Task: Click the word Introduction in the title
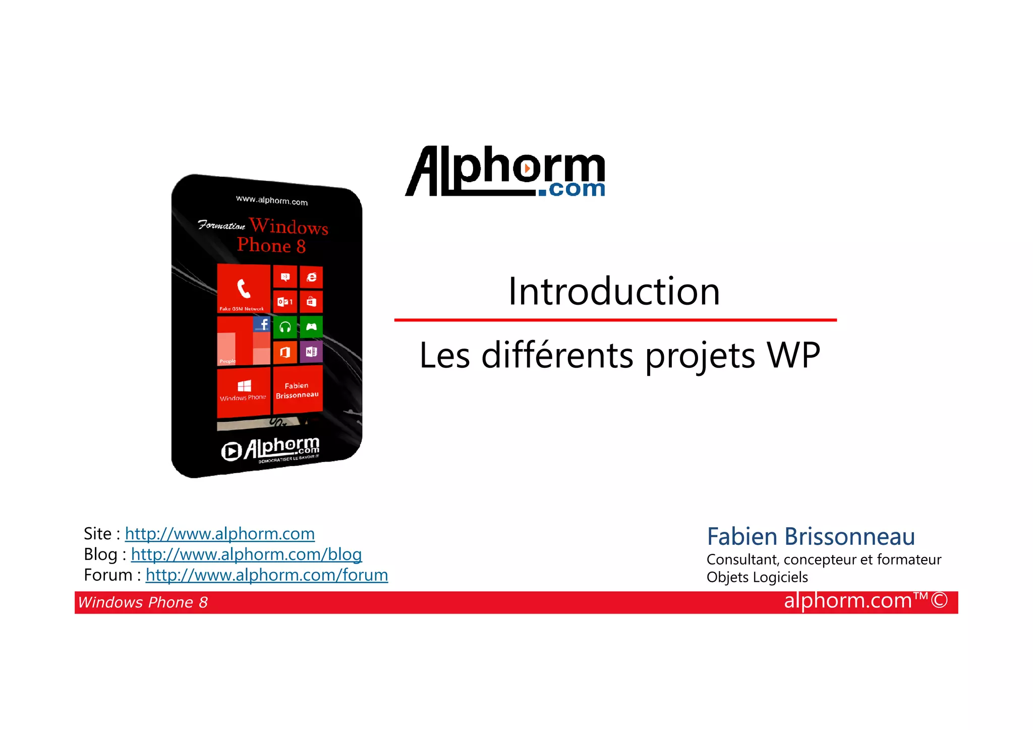(x=613, y=292)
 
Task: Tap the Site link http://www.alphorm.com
(x=219, y=534)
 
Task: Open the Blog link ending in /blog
(x=246, y=554)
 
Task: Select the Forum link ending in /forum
(x=266, y=575)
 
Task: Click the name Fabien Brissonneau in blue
(x=810, y=536)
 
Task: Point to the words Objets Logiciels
(x=757, y=577)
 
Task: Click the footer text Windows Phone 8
(x=143, y=602)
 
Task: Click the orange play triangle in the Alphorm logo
(x=527, y=168)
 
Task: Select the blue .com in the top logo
(x=571, y=189)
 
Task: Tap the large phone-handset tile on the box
(x=244, y=289)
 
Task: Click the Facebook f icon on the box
(x=262, y=324)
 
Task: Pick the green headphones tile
(x=285, y=327)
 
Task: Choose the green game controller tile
(x=311, y=327)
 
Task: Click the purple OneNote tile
(x=311, y=352)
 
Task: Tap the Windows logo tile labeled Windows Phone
(x=244, y=391)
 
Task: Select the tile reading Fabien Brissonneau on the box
(x=297, y=390)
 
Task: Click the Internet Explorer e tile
(x=312, y=277)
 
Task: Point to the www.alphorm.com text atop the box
(x=271, y=200)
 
